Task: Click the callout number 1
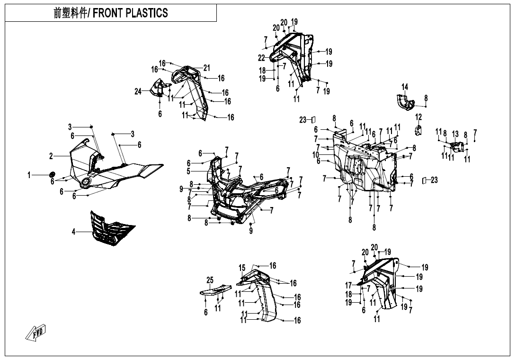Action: pyautogui.click(x=29, y=175)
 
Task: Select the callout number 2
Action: pyautogui.click(x=51, y=156)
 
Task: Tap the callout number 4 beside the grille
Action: pyautogui.click(x=74, y=232)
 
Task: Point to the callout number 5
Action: pyautogui.click(x=188, y=171)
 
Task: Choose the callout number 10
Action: pyautogui.click(x=316, y=155)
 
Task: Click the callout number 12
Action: pyautogui.click(x=418, y=117)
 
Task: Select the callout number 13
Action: pyautogui.click(x=455, y=134)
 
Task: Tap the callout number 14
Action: pyautogui.click(x=405, y=87)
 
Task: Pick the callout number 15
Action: pyautogui.click(x=242, y=268)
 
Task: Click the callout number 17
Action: pyautogui.click(x=348, y=286)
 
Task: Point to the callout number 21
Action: pyautogui.click(x=206, y=68)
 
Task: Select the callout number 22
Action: pyautogui.click(x=261, y=58)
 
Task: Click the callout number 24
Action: pyautogui.click(x=138, y=91)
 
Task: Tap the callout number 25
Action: pyautogui.click(x=210, y=280)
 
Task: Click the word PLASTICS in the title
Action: pyautogui.click(x=146, y=13)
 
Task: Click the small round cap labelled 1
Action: pyautogui.click(x=52, y=174)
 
